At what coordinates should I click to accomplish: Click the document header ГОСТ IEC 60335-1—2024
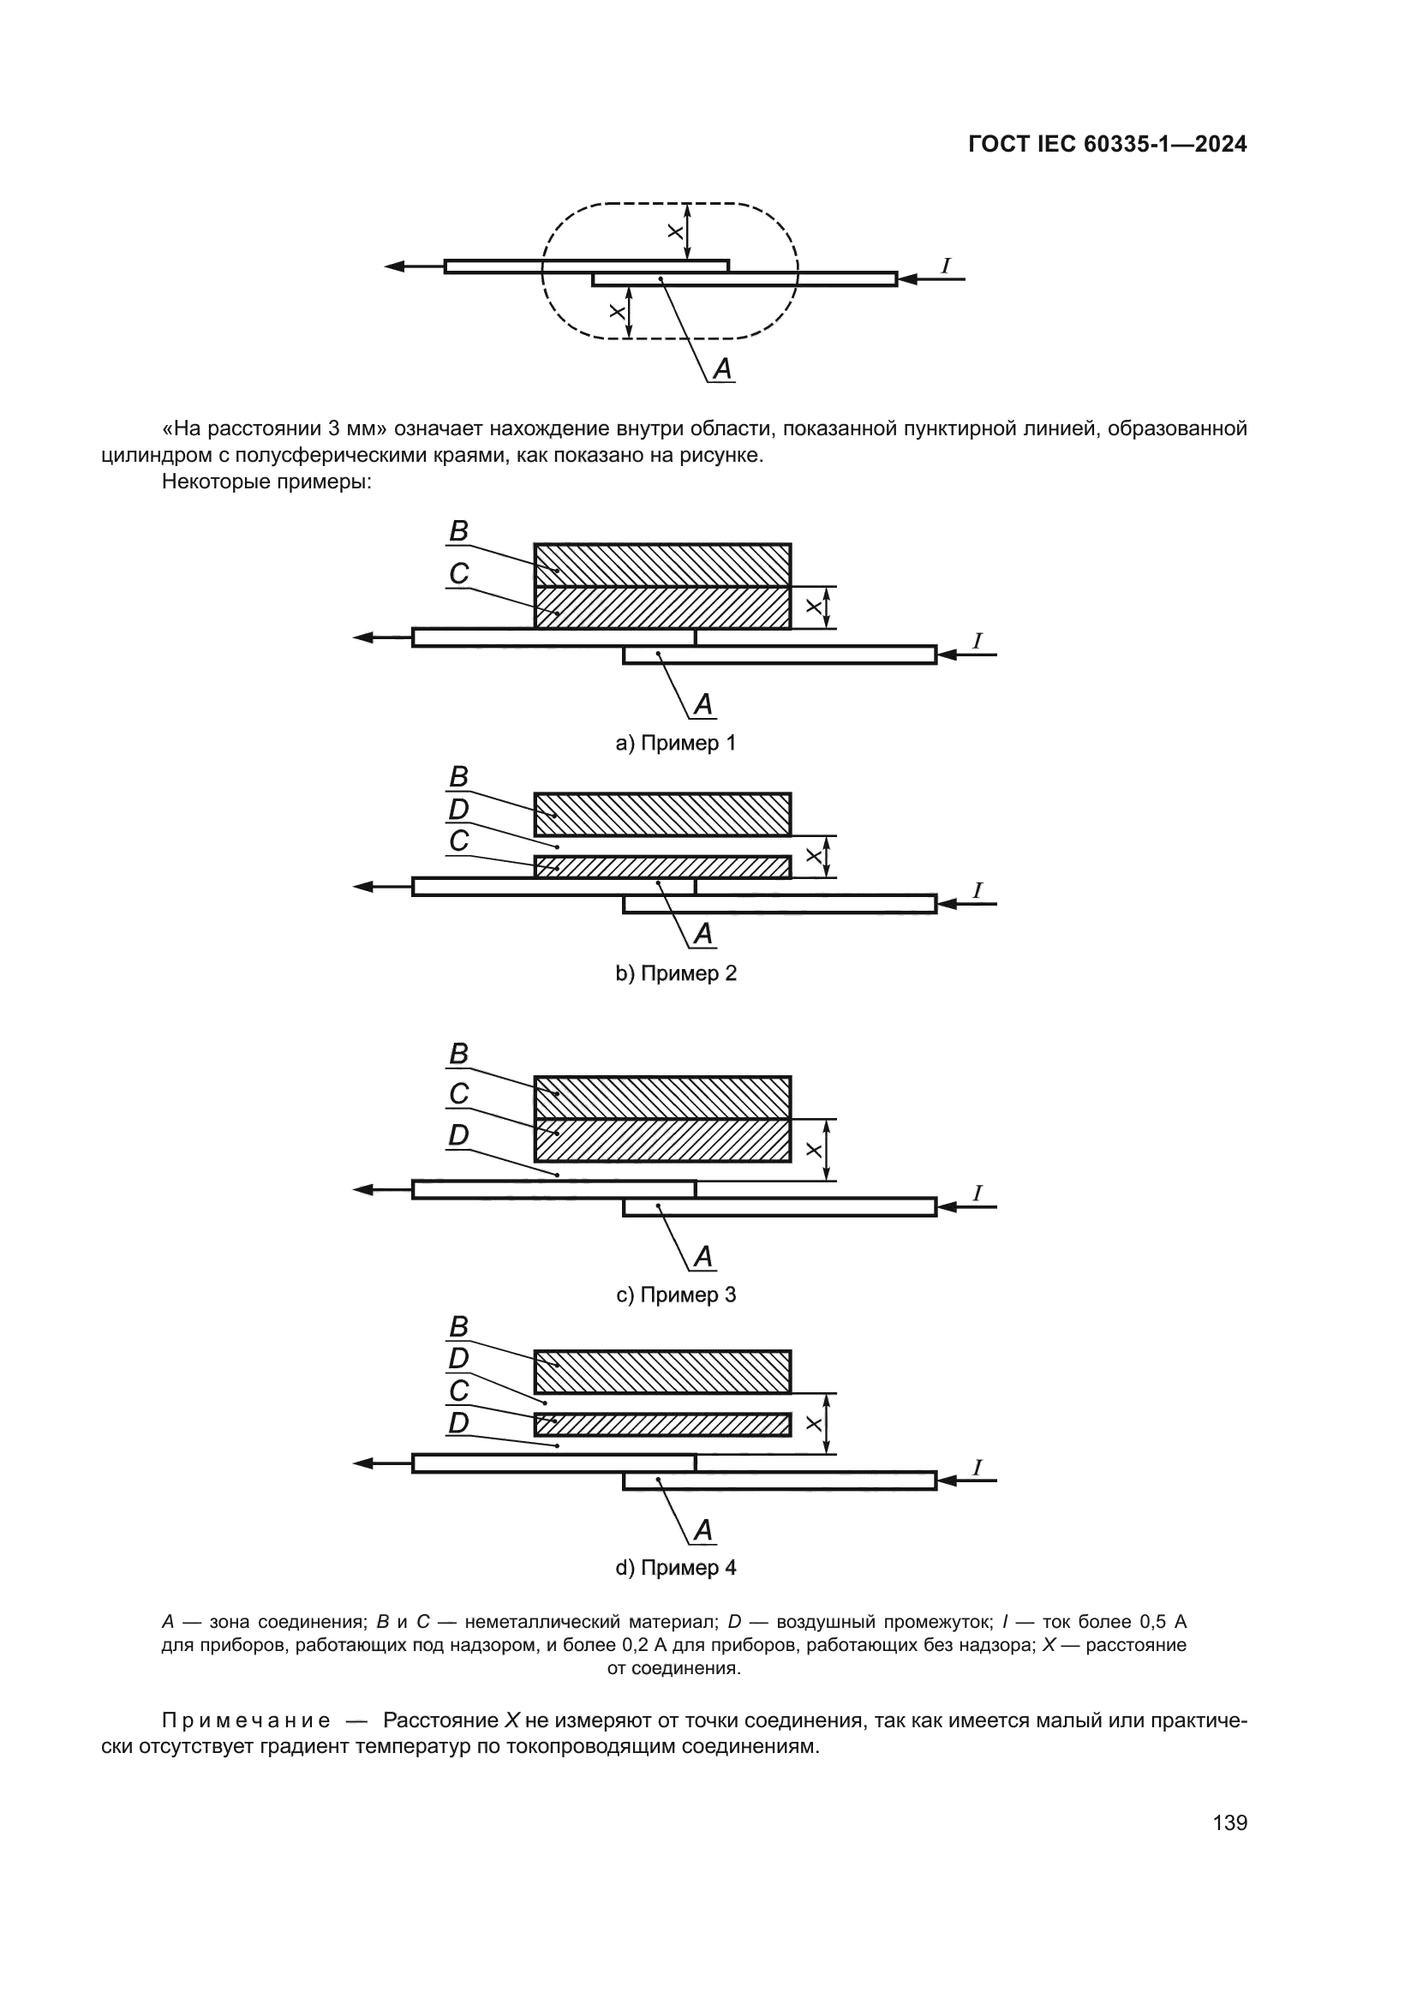point(1106,145)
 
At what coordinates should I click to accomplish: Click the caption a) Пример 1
point(675,743)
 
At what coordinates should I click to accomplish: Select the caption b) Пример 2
point(675,973)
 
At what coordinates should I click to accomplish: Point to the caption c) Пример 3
point(675,1295)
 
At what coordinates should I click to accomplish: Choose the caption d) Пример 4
point(675,1568)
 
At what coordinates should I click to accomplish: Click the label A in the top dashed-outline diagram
point(722,369)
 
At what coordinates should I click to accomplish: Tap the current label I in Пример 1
point(978,642)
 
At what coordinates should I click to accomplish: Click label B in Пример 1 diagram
point(458,531)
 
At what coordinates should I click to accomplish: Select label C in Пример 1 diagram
point(458,573)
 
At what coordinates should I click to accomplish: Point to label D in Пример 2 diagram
point(458,810)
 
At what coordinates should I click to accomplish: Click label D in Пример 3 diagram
point(458,1135)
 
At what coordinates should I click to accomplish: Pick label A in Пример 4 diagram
point(703,1530)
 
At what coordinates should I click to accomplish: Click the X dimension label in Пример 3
point(813,1151)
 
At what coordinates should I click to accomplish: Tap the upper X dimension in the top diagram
point(674,232)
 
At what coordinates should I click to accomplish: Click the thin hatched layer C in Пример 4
point(662,1425)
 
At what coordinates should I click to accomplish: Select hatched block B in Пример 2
point(662,814)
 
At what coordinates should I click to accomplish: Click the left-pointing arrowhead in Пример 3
point(364,1190)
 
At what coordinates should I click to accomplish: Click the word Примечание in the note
point(246,1720)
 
